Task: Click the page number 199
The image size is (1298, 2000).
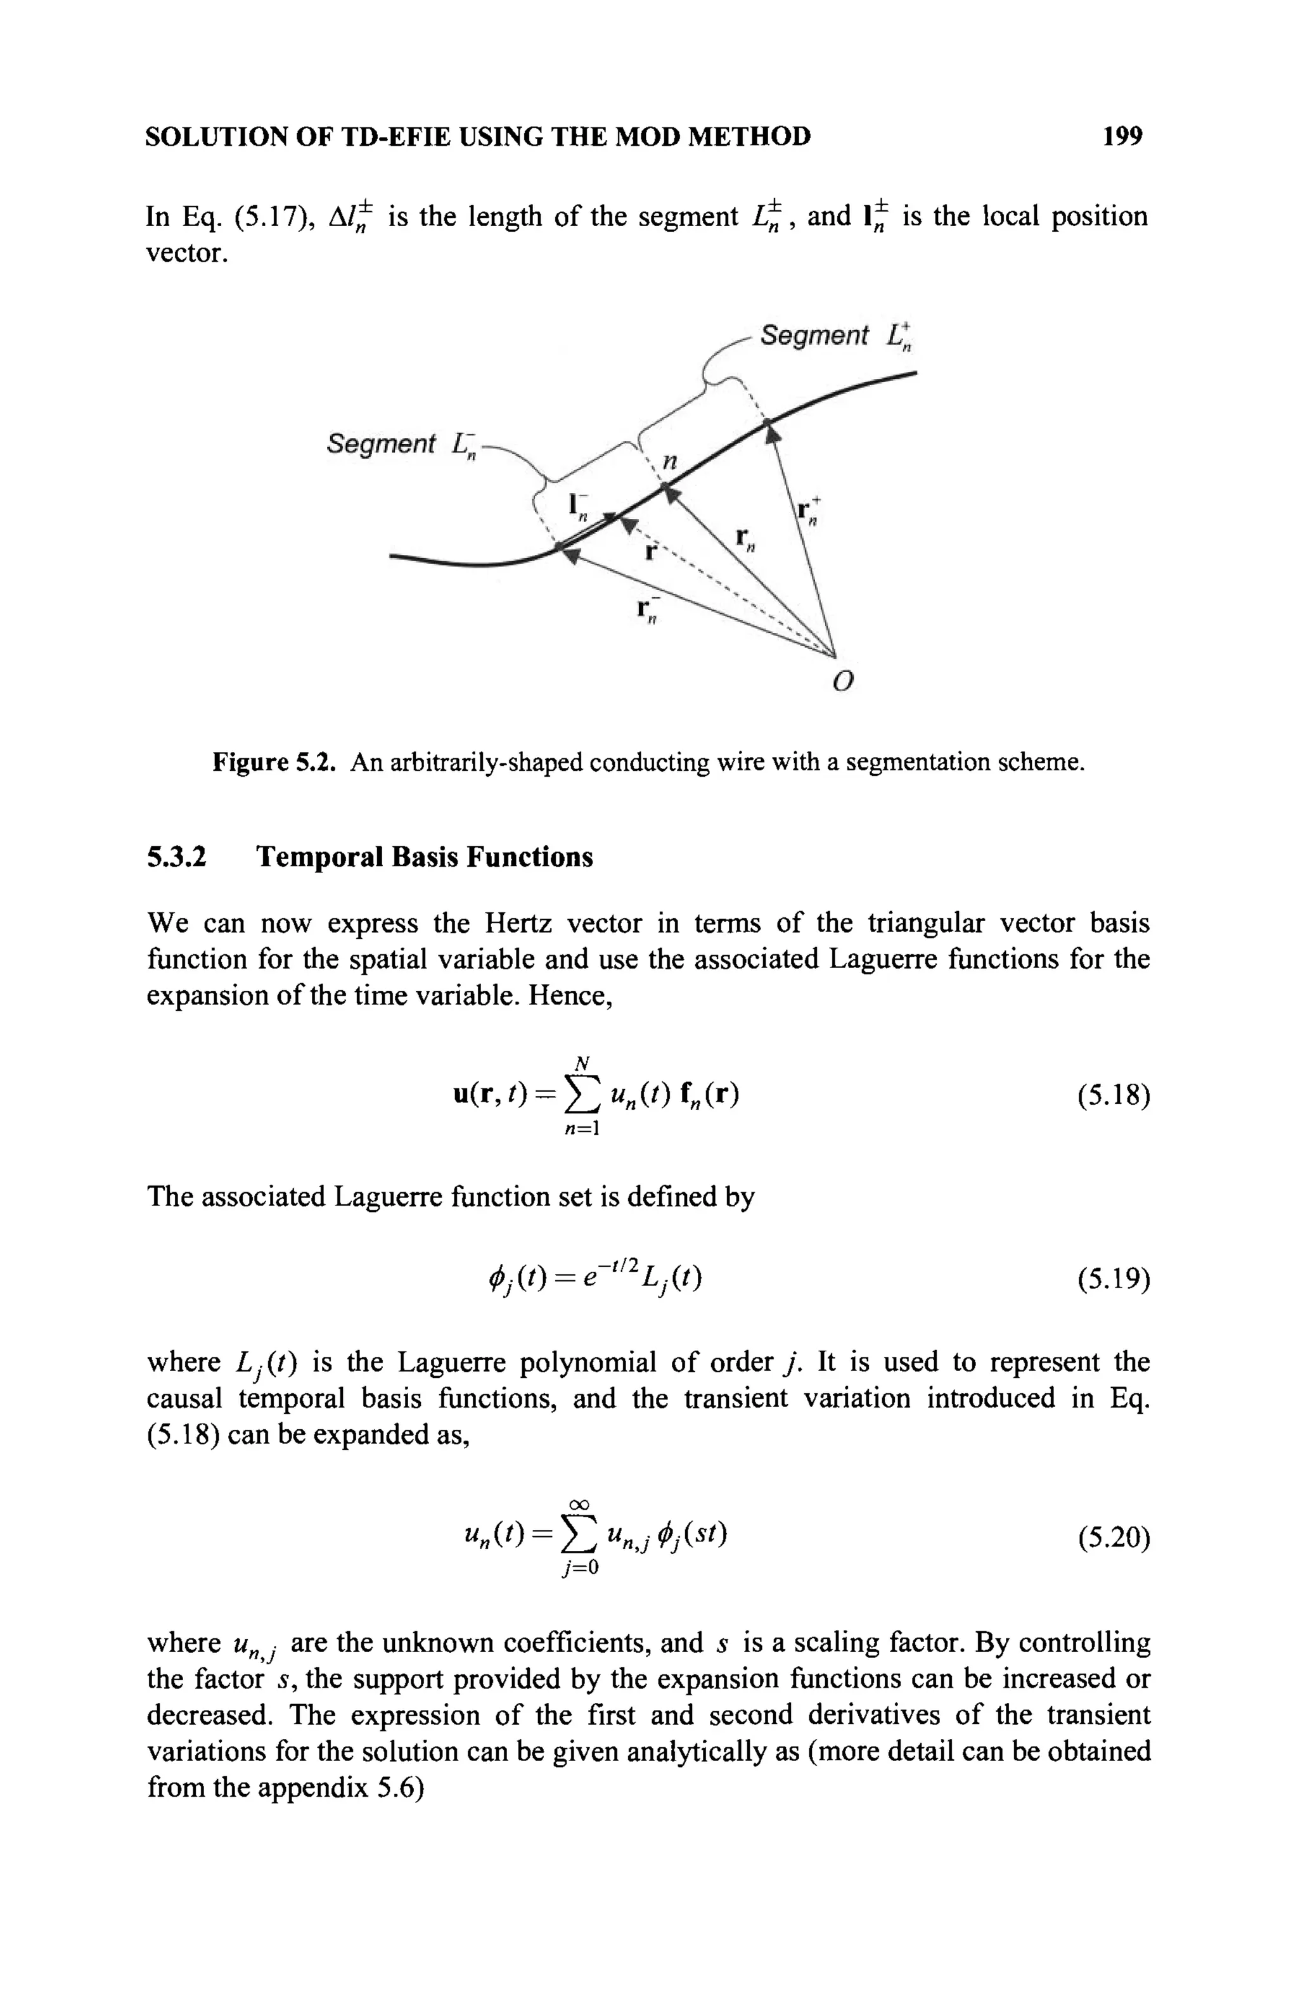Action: [x=1123, y=136]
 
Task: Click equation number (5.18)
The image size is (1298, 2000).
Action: [x=1112, y=1097]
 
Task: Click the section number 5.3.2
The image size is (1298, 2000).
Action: [x=177, y=857]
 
